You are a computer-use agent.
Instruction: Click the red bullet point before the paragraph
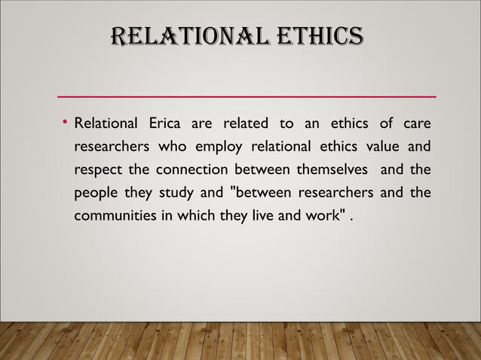[x=66, y=121]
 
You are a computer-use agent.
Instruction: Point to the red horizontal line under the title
[x=247, y=97]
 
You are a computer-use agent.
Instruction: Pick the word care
[x=417, y=123]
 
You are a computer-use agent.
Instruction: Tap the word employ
[x=211, y=146]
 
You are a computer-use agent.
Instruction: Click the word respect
[x=98, y=170]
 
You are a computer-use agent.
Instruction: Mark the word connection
[x=191, y=170]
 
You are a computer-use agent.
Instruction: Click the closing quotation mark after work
[x=348, y=215]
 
